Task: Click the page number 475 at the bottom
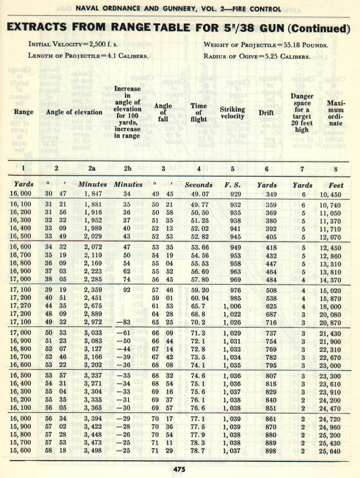[179, 469]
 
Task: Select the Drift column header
[266, 113]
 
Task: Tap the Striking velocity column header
[232, 113]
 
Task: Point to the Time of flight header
[199, 112]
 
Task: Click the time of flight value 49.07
[200, 194]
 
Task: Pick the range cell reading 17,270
[20, 306]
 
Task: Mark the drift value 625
[271, 307]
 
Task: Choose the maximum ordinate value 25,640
[330, 451]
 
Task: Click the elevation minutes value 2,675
[93, 306]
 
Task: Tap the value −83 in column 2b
[124, 322]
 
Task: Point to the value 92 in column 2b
[127, 290]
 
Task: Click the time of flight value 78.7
[198, 451]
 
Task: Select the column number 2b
[128, 169]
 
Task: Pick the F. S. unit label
[232, 185]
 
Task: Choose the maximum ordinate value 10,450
[330, 195]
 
